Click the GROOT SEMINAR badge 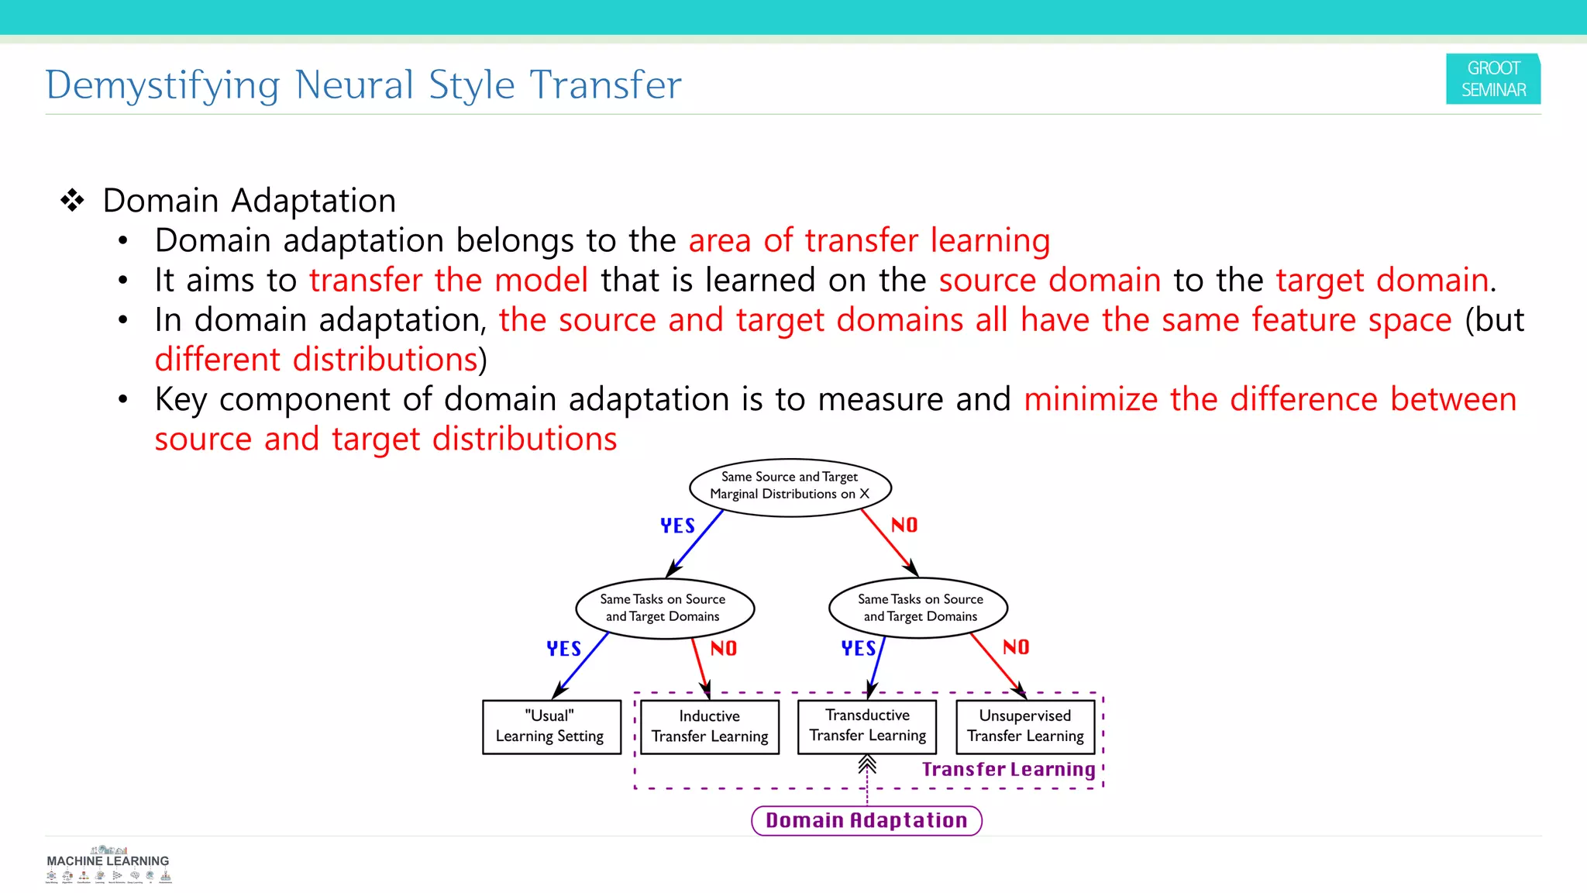[1492, 79]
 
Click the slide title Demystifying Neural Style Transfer [363, 84]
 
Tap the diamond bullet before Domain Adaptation [72, 201]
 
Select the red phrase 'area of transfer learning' [869, 240]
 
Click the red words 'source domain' [1049, 280]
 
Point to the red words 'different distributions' [316, 360]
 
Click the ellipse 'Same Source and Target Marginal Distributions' [790, 486]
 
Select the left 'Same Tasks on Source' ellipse [664, 608]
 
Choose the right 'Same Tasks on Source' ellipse [918, 608]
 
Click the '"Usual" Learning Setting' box [551, 726]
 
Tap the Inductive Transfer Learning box [709, 726]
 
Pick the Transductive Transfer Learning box [867, 726]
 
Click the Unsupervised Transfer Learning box [1025, 726]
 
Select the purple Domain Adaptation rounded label [866, 820]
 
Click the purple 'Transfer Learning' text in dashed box [1008, 769]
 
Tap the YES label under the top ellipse [677, 526]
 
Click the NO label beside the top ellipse [904, 525]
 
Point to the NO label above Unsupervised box [1015, 647]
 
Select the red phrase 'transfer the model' [449, 280]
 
